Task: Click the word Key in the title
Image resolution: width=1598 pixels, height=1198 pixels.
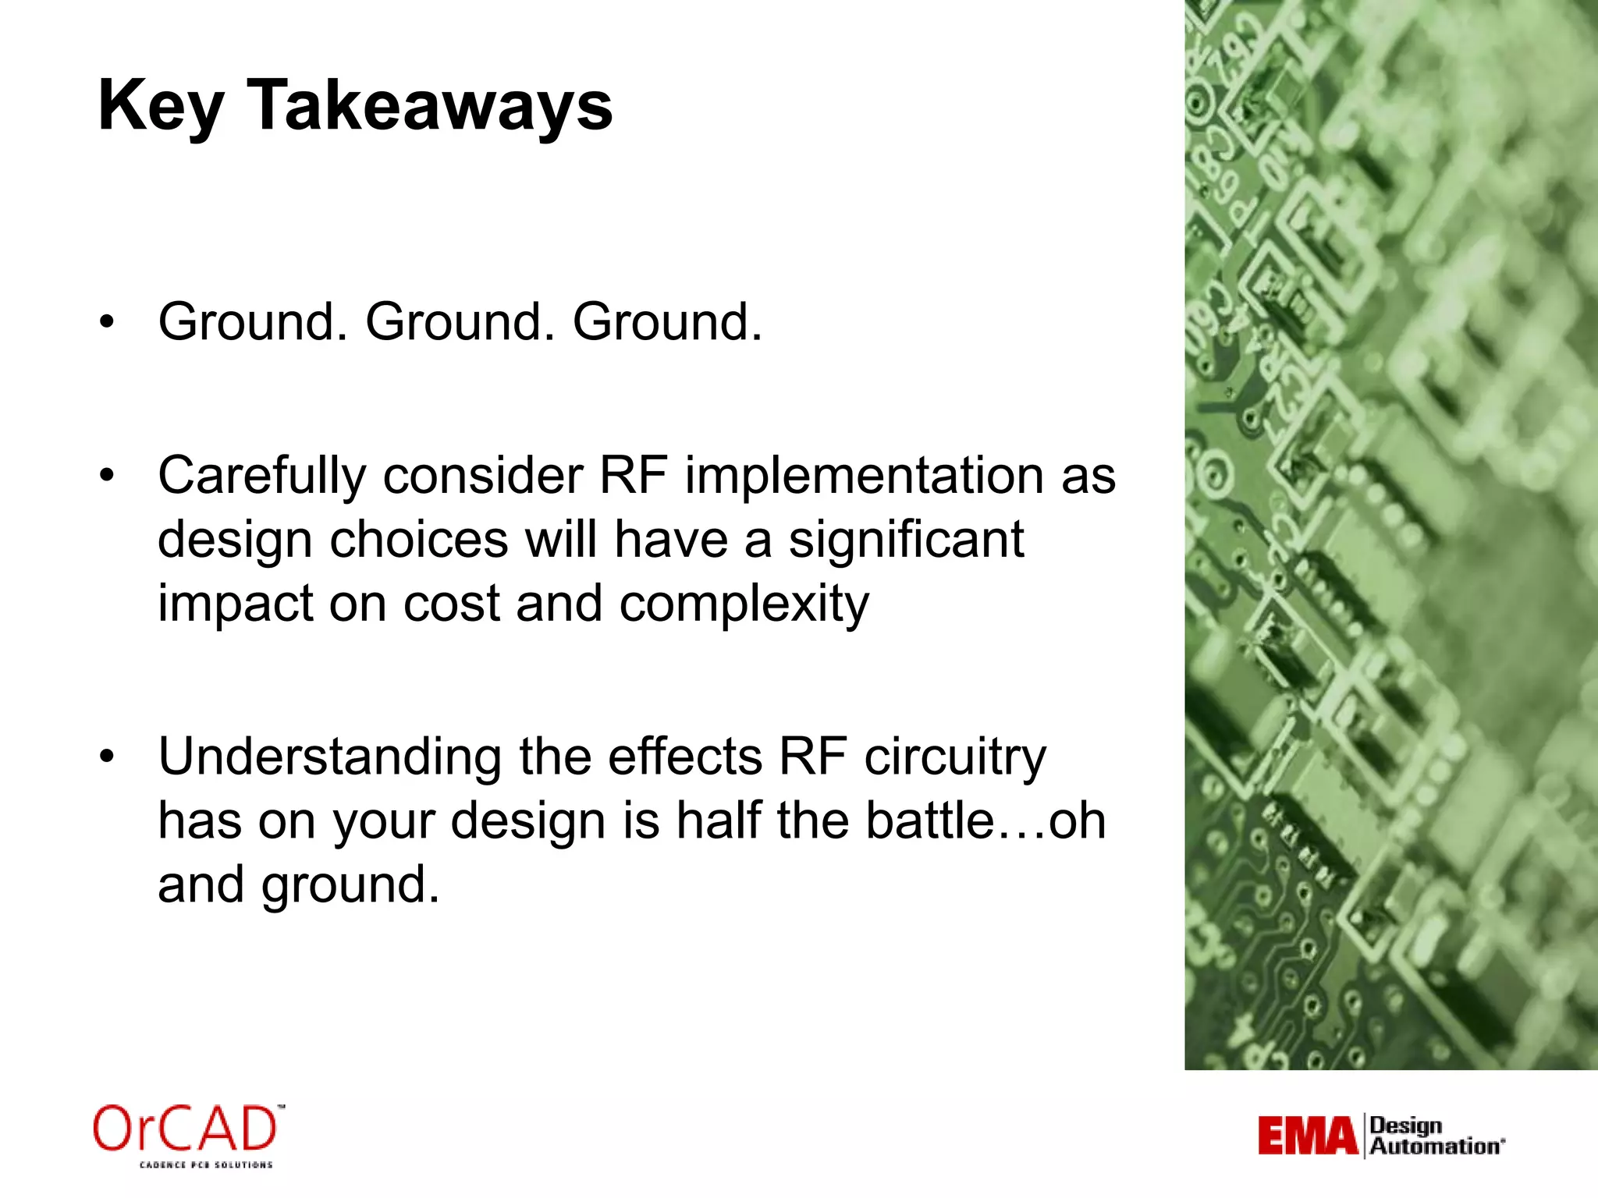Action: pyautogui.click(x=160, y=107)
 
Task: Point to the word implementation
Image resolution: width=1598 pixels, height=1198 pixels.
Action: pyautogui.click(x=864, y=476)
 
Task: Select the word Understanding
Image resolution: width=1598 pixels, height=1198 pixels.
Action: pyautogui.click(x=329, y=758)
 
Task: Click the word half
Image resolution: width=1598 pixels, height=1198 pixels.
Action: pyautogui.click(x=720, y=821)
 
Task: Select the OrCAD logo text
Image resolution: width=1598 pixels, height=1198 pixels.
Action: pyautogui.click(x=186, y=1129)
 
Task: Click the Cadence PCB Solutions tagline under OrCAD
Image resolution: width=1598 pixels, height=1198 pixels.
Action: pyautogui.click(x=206, y=1164)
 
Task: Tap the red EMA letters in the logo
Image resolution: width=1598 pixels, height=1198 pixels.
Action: pyautogui.click(x=1308, y=1136)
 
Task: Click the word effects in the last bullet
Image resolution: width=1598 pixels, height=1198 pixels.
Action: pyautogui.click(x=684, y=758)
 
